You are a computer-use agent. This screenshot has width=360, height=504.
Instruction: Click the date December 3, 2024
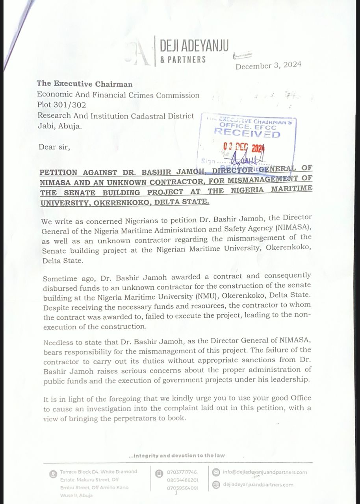point(268,65)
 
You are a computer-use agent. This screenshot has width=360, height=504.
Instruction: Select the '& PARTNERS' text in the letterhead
point(183,59)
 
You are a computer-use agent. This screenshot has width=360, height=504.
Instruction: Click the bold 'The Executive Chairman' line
point(85,84)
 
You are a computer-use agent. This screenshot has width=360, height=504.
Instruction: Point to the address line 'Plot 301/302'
point(61,105)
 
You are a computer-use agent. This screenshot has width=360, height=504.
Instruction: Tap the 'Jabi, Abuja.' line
point(60,126)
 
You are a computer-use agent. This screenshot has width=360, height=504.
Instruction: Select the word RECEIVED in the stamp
point(247,133)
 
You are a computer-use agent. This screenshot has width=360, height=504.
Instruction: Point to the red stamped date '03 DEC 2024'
point(243,147)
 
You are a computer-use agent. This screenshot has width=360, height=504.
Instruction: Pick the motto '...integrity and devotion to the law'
point(177,456)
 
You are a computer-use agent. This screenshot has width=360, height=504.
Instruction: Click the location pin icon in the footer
point(53,474)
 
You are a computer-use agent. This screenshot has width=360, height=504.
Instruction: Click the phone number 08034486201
point(183,480)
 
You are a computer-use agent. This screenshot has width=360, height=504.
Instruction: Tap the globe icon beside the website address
point(215,485)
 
